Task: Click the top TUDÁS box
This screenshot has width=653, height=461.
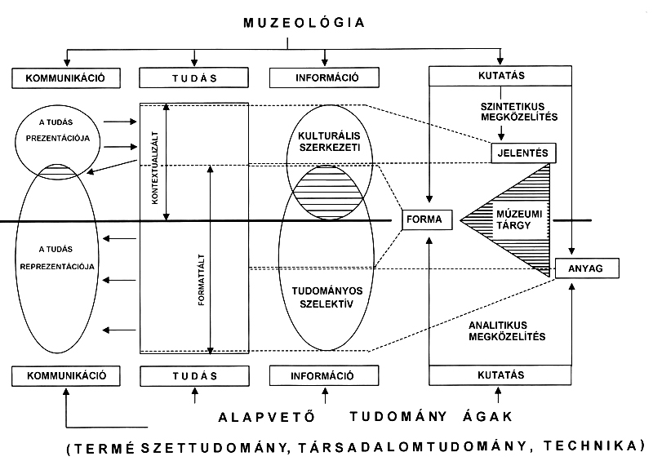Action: (x=193, y=78)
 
